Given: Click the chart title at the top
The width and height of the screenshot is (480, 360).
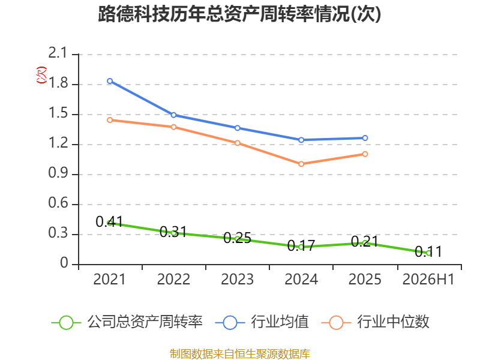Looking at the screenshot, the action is (x=239, y=14).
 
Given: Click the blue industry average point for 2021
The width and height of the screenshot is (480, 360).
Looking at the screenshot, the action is (x=110, y=81).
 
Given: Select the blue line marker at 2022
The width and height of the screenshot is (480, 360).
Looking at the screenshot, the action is (x=173, y=115).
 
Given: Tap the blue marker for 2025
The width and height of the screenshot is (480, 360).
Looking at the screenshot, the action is (x=365, y=138).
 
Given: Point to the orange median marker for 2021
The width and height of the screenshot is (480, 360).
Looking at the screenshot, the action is (x=110, y=120).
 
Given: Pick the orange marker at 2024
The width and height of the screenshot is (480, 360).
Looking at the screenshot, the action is (x=301, y=164).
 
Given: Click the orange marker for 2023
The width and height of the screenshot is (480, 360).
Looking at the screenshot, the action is (x=238, y=143).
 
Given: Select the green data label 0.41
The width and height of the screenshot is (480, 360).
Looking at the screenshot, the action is (x=109, y=221).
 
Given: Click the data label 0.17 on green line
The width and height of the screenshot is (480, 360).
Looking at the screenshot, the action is (x=301, y=245).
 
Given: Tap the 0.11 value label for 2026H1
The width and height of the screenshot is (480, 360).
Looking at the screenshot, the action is (x=428, y=251).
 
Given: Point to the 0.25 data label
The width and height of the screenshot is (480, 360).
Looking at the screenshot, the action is (x=237, y=238).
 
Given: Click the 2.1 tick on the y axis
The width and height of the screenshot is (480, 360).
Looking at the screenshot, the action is (x=58, y=53).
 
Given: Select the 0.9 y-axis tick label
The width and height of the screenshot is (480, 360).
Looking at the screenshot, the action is (x=58, y=173).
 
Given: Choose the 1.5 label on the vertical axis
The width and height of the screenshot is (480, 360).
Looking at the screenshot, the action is (x=58, y=113).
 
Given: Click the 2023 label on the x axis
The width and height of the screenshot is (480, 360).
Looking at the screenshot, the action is (x=237, y=279).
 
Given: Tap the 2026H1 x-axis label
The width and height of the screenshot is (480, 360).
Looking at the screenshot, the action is (x=428, y=279).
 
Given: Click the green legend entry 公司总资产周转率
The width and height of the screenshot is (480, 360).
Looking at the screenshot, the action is (x=127, y=322).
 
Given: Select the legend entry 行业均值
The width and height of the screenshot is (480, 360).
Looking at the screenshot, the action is (x=262, y=322).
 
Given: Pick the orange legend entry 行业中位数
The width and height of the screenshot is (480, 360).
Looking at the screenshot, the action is (x=376, y=322).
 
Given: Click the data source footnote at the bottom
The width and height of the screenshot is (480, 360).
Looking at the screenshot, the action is (x=240, y=354).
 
